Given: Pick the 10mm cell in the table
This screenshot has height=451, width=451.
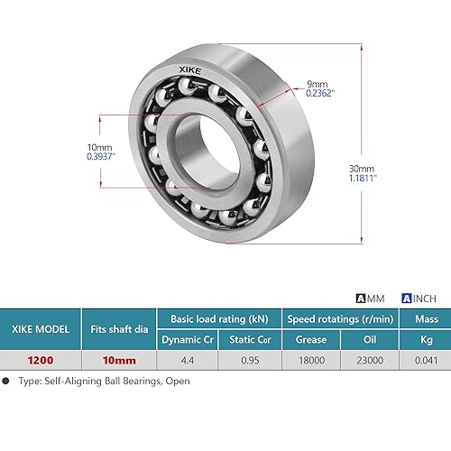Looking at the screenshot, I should pyautogui.click(x=119, y=360).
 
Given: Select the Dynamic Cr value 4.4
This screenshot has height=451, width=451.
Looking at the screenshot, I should pyautogui.click(x=188, y=360).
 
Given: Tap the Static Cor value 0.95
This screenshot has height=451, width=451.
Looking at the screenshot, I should pyautogui.click(x=251, y=360).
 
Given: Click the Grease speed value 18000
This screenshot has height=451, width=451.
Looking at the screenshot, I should pyautogui.click(x=311, y=360).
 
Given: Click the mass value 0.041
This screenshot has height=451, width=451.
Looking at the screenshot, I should pyautogui.click(x=426, y=360).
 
